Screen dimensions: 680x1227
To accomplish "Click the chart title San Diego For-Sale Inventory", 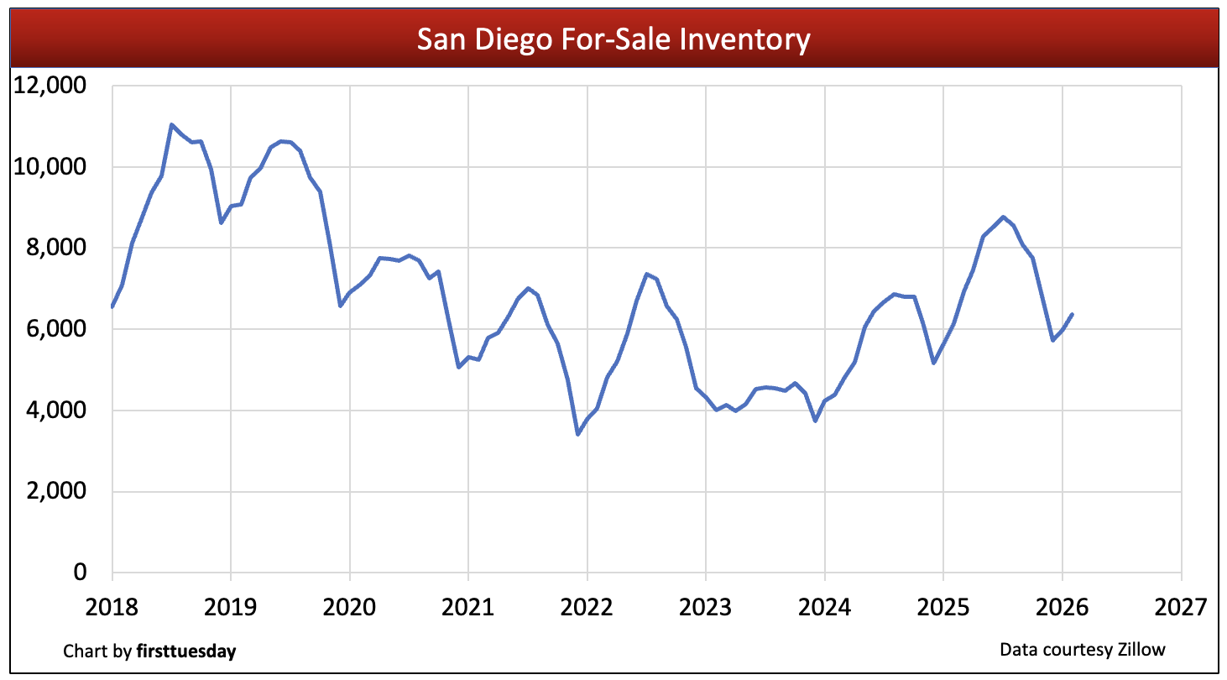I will tap(613, 39).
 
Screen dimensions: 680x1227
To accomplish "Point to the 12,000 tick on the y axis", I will tap(51, 86).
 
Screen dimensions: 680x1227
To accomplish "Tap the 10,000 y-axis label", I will tap(51, 167).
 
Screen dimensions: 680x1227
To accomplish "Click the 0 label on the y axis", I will tap(80, 573).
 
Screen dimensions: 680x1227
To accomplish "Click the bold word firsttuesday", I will tap(185, 651).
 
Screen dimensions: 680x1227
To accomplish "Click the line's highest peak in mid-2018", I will tap(171, 125).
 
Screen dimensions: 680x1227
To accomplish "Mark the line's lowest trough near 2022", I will tap(577, 434).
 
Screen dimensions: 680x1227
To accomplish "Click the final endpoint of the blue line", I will tap(1073, 314).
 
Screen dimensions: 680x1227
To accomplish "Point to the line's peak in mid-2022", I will tap(646, 274).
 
